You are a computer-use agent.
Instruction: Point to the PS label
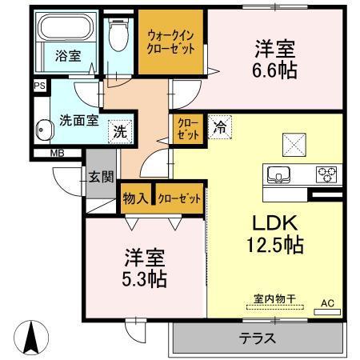(x=39, y=83)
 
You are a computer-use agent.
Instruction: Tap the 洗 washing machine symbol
(x=118, y=130)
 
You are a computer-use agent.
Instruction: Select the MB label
(x=58, y=154)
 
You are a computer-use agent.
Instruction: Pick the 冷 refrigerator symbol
(x=220, y=126)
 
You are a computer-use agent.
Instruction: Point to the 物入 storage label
(x=134, y=197)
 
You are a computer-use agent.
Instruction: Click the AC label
(x=328, y=302)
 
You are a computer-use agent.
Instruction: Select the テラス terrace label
(x=258, y=338)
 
